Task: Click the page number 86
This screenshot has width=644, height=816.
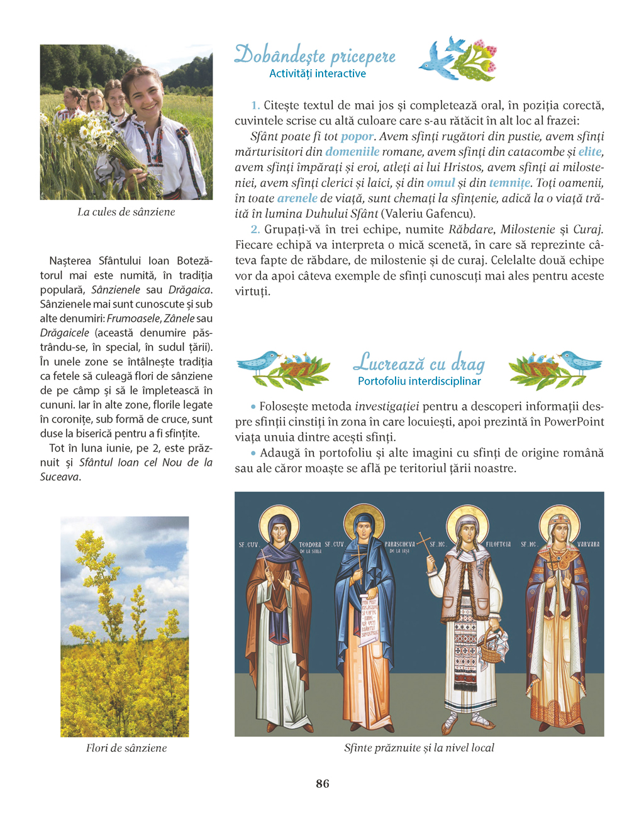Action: tap(322, 783)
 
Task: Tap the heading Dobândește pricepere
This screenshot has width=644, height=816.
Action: tap(314, 55)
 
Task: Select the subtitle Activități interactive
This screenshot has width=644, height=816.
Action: tap(317, 74)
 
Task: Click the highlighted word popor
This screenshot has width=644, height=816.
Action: tap(357, 136)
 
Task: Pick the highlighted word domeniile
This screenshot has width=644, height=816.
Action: tap(352, 152)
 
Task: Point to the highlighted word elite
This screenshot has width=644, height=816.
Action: tap(589, 152)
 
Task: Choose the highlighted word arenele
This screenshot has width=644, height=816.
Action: tap(297, 198)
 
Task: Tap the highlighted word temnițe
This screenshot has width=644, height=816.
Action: tap(509, 183)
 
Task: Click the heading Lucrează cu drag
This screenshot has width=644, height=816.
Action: tap(419, 363)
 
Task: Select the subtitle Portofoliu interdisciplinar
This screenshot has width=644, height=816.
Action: tap(419, 381)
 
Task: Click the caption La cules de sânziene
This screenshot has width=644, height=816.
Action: tap(126, 212)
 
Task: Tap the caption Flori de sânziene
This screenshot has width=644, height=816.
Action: tap(126, 747)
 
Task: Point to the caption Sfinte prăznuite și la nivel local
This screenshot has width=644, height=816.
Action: tap(419, 747)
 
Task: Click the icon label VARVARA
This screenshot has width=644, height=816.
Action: tap(587, 544)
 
